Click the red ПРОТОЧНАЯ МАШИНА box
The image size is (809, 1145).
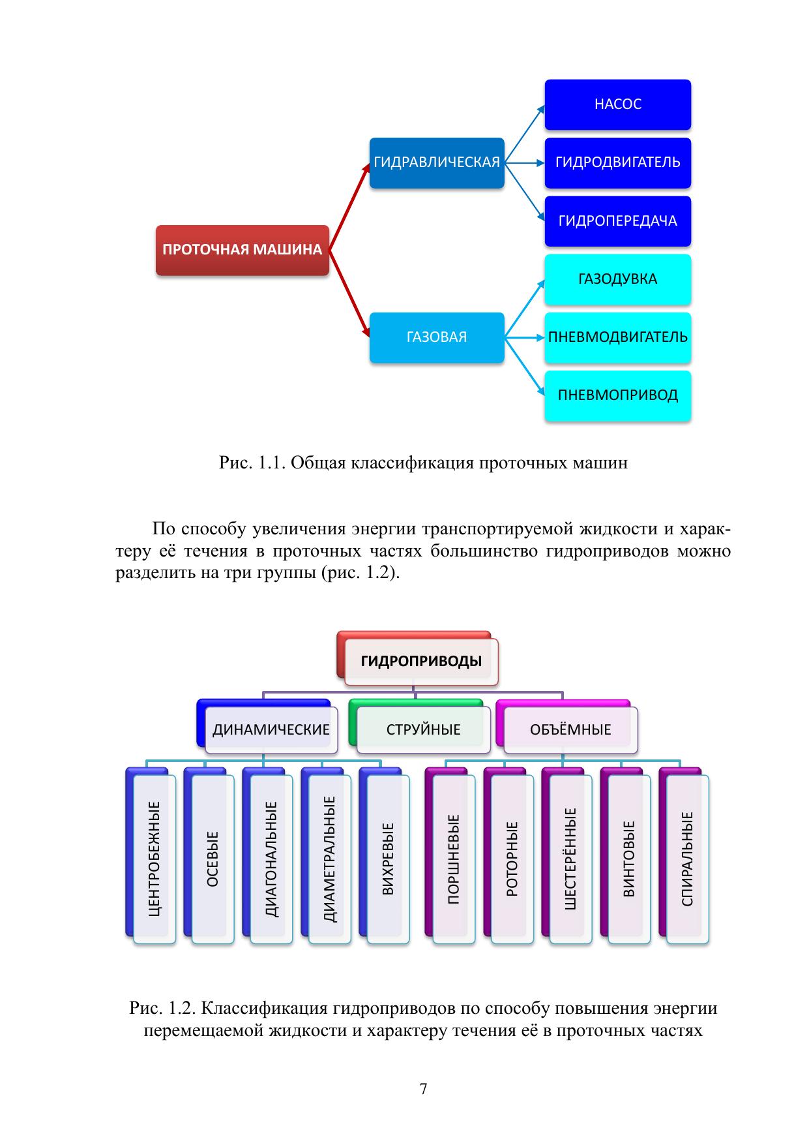(242, 250)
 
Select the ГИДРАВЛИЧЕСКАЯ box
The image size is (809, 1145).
(437, 163)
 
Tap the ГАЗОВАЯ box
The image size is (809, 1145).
(437, 337)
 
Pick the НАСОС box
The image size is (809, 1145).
(617, 104)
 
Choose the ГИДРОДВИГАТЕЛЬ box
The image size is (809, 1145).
(617, 162)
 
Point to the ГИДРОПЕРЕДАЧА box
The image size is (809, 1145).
(617, 221)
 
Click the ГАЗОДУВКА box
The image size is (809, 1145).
(617, 279)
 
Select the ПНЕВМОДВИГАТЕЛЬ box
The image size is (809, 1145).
(617, 337)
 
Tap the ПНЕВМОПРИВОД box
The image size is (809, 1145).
(617, 395)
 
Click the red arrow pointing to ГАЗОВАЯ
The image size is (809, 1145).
(349, 294)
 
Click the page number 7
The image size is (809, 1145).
(423, 1089)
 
